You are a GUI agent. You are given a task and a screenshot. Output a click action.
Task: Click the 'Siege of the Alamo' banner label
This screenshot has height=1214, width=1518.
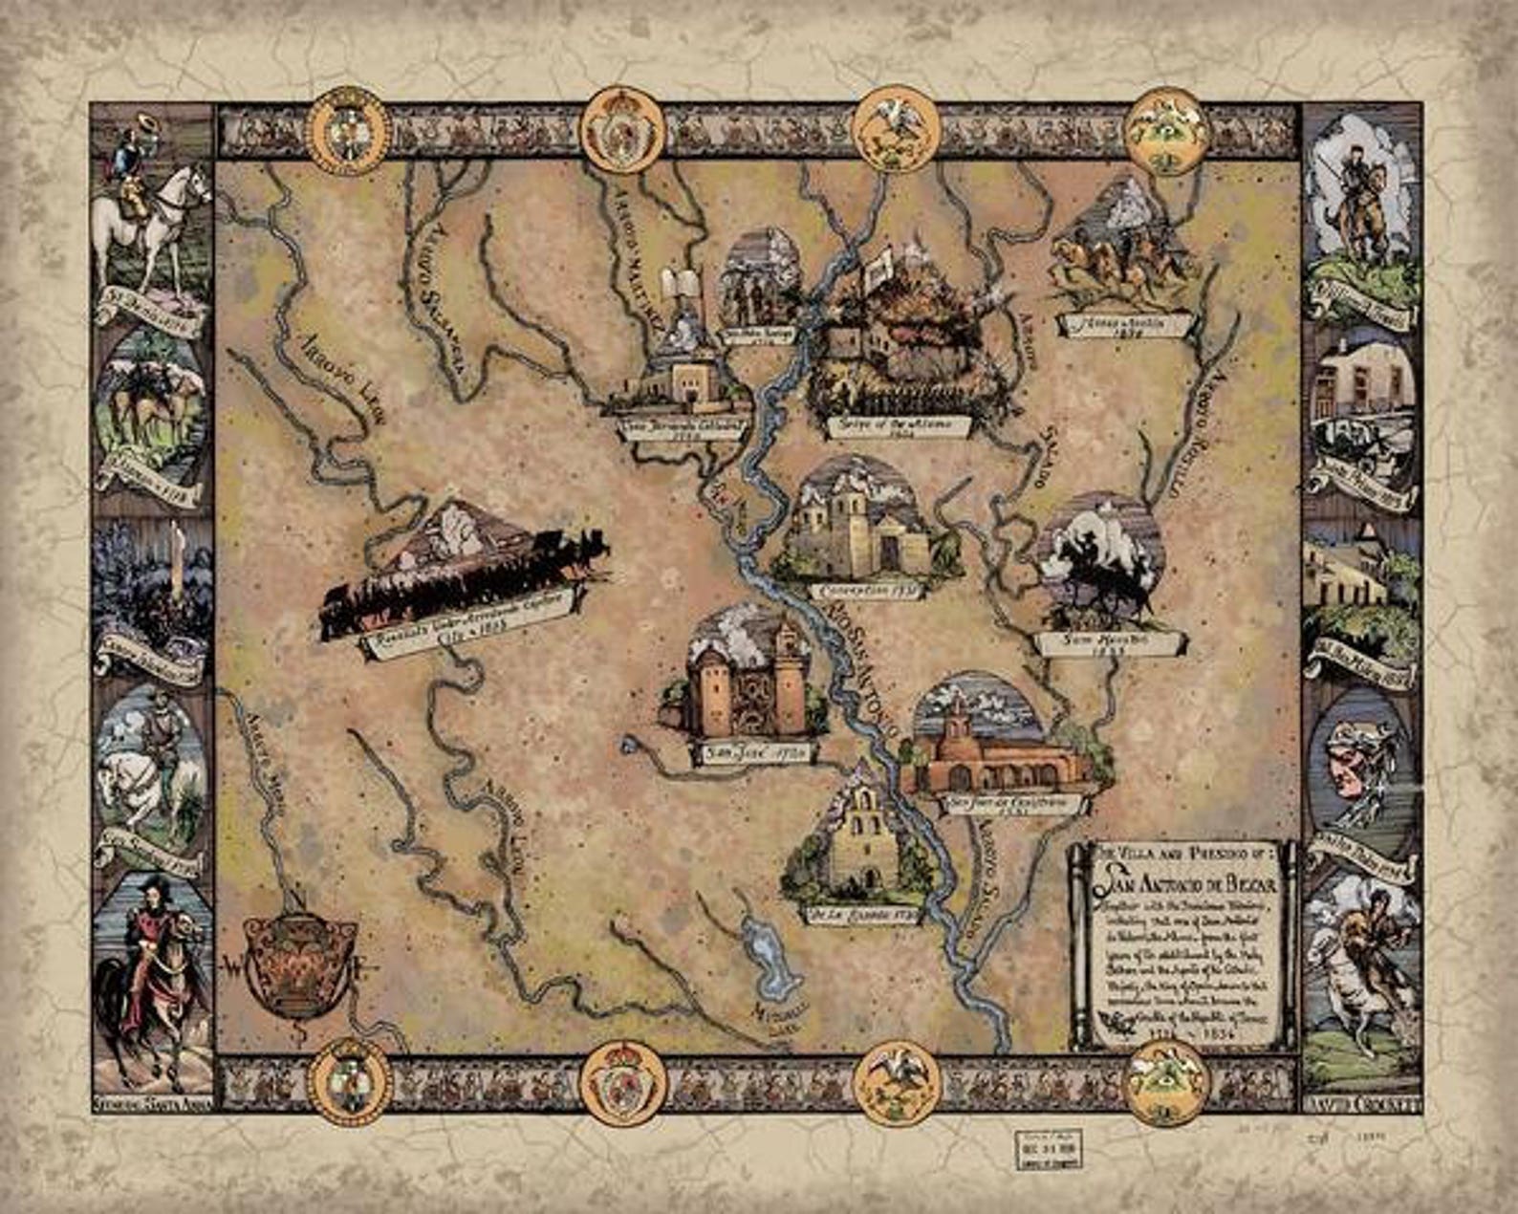coord(897,423)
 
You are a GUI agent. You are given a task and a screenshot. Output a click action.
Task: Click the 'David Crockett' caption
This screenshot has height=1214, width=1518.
coord(1361,1104)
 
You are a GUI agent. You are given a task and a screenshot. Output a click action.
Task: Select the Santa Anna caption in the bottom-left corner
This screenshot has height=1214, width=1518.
coord(153,1104)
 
